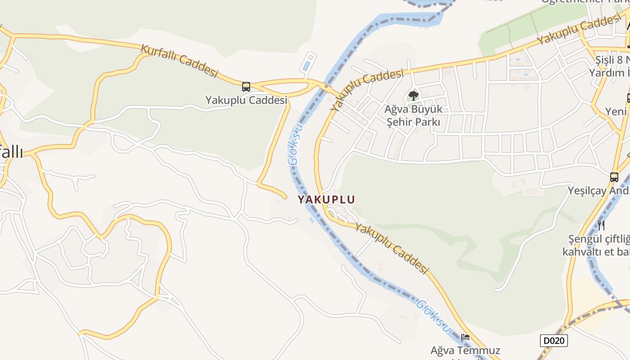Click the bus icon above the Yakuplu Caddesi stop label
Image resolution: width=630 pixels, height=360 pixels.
point(246,86)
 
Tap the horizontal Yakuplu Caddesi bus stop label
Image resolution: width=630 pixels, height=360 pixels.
point(246,100)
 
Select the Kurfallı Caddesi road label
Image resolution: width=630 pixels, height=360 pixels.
point(180,60)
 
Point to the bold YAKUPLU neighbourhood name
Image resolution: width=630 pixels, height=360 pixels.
point(326,199)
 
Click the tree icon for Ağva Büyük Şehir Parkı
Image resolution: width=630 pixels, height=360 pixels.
point(413,95)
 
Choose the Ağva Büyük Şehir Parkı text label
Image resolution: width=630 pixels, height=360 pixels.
point(413,115)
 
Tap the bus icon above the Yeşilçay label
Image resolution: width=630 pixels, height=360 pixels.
point(614,177)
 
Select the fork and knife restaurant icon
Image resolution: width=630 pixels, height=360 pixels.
point(601,225)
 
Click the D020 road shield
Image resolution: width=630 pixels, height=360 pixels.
point(553,341)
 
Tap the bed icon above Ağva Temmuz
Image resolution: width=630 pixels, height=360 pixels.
point(465,337)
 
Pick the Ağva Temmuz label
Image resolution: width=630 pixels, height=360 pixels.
point(465,350)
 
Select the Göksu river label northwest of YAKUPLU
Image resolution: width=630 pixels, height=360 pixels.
point(295,144)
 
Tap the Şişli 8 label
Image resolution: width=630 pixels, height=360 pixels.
point(612,60)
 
